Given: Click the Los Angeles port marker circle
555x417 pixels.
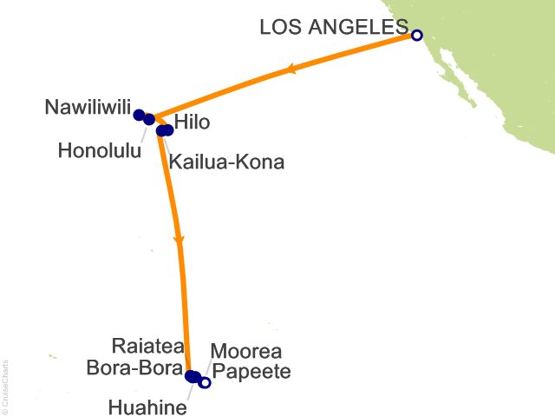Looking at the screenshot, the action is point(416,36).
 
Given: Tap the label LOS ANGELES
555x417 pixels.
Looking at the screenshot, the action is point(333,29).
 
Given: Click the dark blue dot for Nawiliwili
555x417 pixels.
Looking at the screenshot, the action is point(139,115).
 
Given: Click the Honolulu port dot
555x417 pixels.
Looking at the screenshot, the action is point(149,119).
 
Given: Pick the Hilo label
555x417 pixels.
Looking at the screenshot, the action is point(193,122).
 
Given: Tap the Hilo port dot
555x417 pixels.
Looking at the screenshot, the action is point(168,130).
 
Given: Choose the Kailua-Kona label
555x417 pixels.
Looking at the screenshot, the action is point(226,161).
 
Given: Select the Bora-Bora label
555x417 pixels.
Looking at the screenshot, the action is point(135,367).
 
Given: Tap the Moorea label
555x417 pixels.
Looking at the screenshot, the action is point(246,353).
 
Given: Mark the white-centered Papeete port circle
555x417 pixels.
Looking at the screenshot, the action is point(205,382).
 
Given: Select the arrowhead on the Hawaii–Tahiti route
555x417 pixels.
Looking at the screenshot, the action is point(179,239).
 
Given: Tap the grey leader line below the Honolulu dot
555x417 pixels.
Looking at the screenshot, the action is point(144,135).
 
